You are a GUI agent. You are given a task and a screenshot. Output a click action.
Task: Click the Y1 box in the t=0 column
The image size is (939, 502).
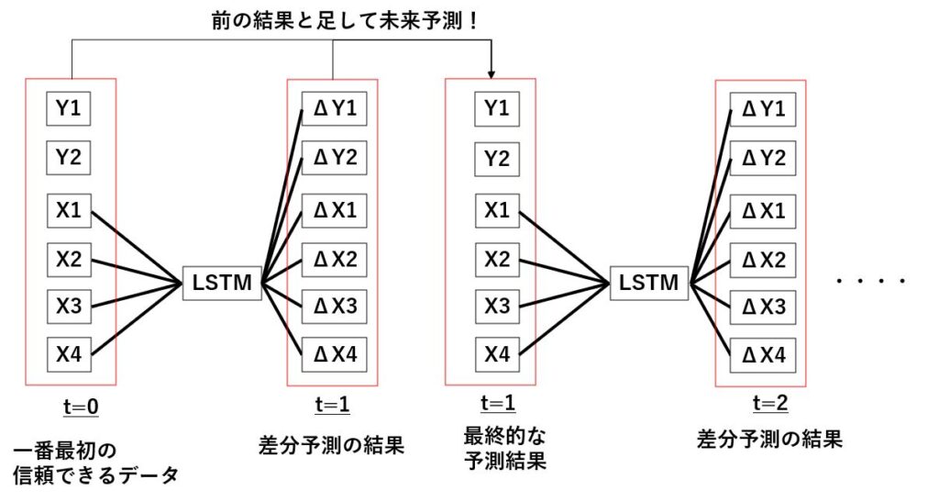pyautogui.click(x=69, y=109)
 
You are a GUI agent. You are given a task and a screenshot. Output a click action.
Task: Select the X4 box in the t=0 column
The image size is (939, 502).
pyautogui.click(x=69, y=354)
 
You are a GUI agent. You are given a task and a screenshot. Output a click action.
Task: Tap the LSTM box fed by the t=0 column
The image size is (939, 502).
pyautogui.click(x=222, y=283)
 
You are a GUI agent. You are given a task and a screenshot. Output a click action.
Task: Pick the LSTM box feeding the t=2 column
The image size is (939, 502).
pyautogui.click(x=649, y=283)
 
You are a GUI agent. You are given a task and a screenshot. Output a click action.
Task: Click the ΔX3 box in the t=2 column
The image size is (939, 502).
pyautogui.click(x=761, y=307)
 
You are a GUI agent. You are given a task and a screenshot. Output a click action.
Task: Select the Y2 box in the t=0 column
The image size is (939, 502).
pyautogui.click(x=69, y=158)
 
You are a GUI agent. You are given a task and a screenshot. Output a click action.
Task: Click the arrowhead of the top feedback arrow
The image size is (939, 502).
pyautogui.click(x=492, y=73)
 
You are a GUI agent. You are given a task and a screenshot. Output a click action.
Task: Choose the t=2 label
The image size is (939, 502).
pyautogui.click(x=769, y=403)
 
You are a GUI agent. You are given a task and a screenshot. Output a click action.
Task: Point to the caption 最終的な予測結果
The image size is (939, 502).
pyautogui.click(x=504, y=447)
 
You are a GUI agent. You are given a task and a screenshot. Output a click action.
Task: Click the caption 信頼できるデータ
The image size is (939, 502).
pyautogui.click(x=96, y=475)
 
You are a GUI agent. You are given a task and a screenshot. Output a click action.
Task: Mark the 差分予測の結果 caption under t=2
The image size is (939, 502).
pyautogui.click(x=769, y=440)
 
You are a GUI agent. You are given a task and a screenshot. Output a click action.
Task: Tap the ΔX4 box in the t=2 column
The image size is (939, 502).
pyautogui.click(x=761, y=354)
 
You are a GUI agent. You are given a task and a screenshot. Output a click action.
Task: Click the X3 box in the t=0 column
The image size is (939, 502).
pyautogui.click(x=69, y=307)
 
